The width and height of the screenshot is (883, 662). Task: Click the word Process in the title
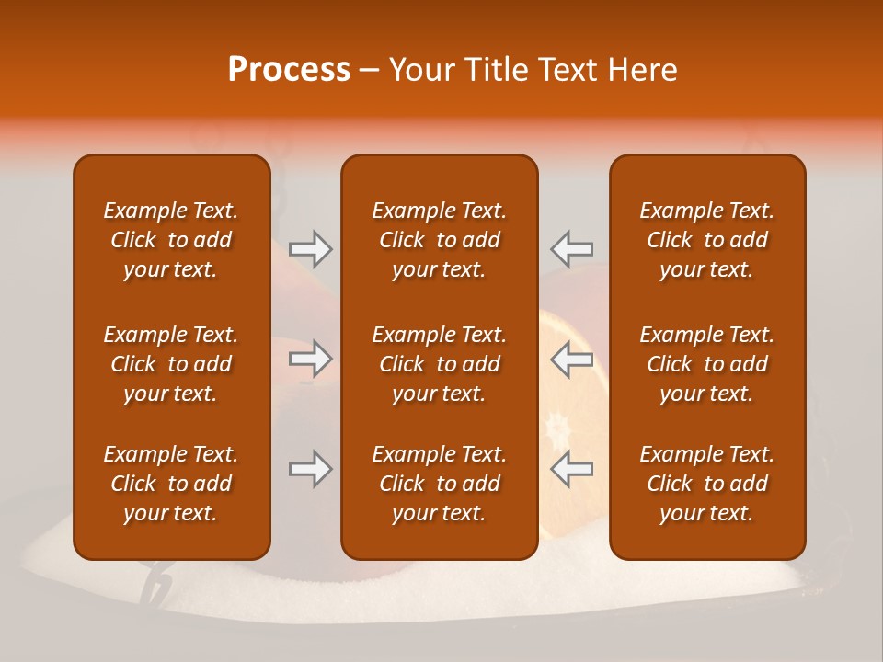(289, 70)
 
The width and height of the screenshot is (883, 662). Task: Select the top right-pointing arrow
(310, 249)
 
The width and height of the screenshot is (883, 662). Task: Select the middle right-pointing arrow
(310, 359)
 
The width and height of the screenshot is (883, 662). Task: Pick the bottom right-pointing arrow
(310, 469)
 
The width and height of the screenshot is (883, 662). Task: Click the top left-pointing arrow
(572, 249)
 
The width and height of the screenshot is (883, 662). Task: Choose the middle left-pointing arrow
(572, 359)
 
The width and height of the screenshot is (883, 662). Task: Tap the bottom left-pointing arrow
(572, 469)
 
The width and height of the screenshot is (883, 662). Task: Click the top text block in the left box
(171, 240)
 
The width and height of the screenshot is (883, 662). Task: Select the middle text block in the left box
(171, 364)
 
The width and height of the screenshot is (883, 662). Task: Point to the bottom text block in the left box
(171, 484)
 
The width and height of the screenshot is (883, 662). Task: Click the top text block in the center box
(439, 240)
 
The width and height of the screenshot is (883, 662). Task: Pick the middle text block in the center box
(439, 364)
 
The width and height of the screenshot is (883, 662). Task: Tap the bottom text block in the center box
(439, 484)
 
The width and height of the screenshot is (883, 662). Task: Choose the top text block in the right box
(706, 240)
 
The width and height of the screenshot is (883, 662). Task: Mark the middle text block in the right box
(706, 364)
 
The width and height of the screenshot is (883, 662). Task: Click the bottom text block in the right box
(706, 484)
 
